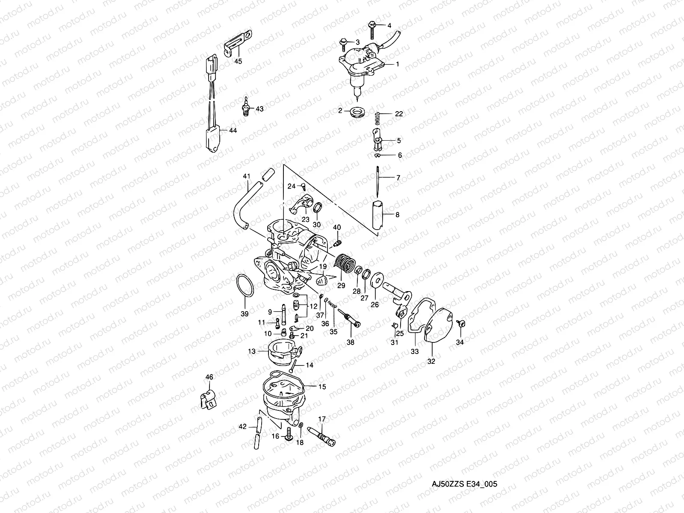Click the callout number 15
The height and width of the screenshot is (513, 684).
click(322, 386)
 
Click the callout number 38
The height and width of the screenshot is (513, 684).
click(351, 342)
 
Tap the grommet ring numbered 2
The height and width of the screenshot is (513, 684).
click(356, 112)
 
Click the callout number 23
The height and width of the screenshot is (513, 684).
click(306, 219)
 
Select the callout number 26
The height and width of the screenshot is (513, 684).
click(374, 305)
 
